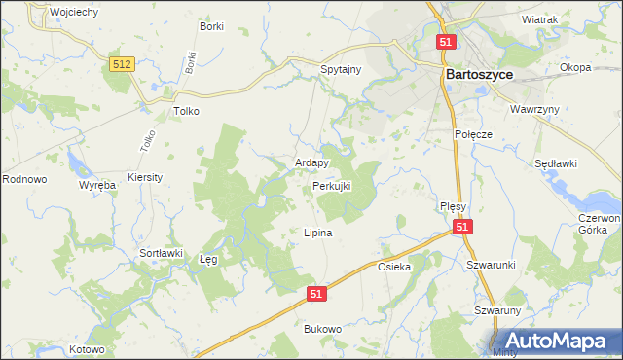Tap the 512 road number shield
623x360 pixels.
(122, 63)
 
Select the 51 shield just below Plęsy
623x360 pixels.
(462, 227)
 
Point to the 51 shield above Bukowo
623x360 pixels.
(315, 291)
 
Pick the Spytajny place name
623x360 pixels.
(342, 71)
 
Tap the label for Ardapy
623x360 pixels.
(311, 163)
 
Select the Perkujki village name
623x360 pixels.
(331, 185)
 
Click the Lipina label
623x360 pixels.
(318, 234)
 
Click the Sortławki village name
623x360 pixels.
(162, 253)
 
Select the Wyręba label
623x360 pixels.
(97, 184)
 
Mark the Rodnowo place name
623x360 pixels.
(24, 179)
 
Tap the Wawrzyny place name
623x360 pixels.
(534, 109)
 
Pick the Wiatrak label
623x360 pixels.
(539, 19)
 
